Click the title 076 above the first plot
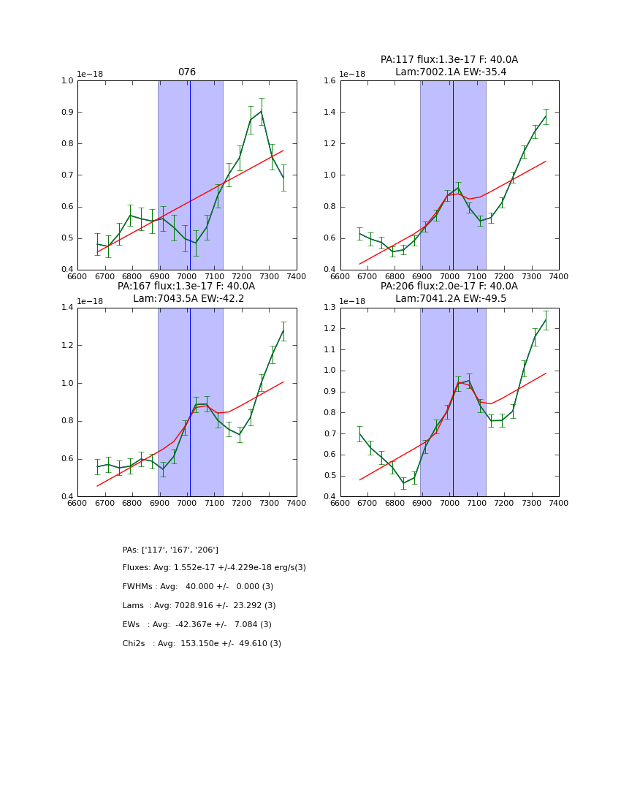pyautogui.click(x=187, y=72)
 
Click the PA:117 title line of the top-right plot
pyautogui.click(x=449, y=60)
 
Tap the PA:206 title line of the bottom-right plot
pyautogui.click(x=449, y=287)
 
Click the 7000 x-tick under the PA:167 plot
pyautogui.click(x=187, y=503)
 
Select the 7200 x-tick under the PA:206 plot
pyautogui.click(x=504, y=503)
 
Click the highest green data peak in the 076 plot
pyautogui.click(x=262, y=111)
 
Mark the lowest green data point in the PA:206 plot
pyautogui.click(x=403, y=483)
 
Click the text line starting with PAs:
pyautogui.click(x=170, y=550)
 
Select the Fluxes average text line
pyautogui.click(x=214, y=568)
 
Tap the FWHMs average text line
pyautogui.click(x=198, y=587)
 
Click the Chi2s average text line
pyautogui.click(x=202, y=644)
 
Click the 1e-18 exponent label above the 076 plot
pyautogui.click(x=90, y=74)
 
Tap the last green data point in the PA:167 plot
pyautogui.click(x=283, y=330)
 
